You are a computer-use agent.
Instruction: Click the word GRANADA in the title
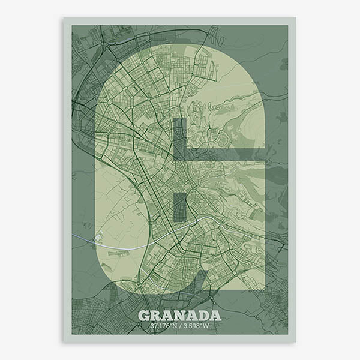pyautogui.click(x=179, y=316)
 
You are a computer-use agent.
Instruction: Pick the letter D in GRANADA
pyautogui.click(x=203, y=316)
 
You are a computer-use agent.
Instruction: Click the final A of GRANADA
pyautogui.click(x=215, y=316)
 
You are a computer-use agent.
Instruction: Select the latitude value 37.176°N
pyautogui.click(x=163, y=326)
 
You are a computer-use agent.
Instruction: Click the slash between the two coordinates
pyautogui.click(x=179, y=326)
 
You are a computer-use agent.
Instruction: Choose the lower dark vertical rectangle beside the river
pyautogui.click(x=179, y=207)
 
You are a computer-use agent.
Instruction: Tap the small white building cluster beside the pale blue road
pyautogui.click(x=100, y=237)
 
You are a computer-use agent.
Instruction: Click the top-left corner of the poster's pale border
pyautogui.click(x=64, y=18)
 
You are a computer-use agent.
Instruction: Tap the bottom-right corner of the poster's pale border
pyautogui.click(x=296, y=342)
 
